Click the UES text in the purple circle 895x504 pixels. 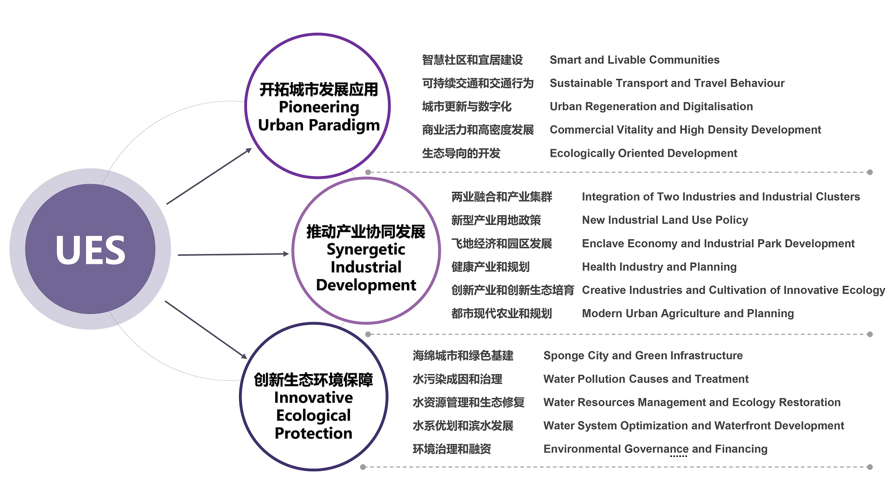[90, 250]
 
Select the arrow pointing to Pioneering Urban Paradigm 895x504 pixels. [209, 176]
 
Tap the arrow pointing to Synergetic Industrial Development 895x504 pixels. [234, 254]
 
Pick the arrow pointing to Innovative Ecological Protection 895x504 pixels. [206, 330]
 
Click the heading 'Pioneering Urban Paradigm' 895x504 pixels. [319, 116]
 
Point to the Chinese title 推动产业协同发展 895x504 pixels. [366, 232]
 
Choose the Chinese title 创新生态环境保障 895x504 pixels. [313, 380]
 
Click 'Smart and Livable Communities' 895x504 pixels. [635, 60]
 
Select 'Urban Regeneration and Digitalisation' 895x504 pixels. [651, 107]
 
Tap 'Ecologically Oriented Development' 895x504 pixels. [644, 153]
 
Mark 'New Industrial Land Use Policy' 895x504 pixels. [665, 220]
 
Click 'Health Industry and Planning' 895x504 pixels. [659, 267]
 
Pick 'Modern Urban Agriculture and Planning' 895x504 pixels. [688, 314]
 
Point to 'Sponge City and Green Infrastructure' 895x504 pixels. [643, 356]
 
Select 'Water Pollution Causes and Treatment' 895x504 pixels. [646, 379]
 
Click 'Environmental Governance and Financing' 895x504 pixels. [656, 449]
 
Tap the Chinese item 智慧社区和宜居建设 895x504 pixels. [473, 60]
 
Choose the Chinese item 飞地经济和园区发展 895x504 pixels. [502, 244]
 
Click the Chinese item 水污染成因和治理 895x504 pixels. [457, 379]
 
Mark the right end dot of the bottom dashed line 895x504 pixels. [869, 467]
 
